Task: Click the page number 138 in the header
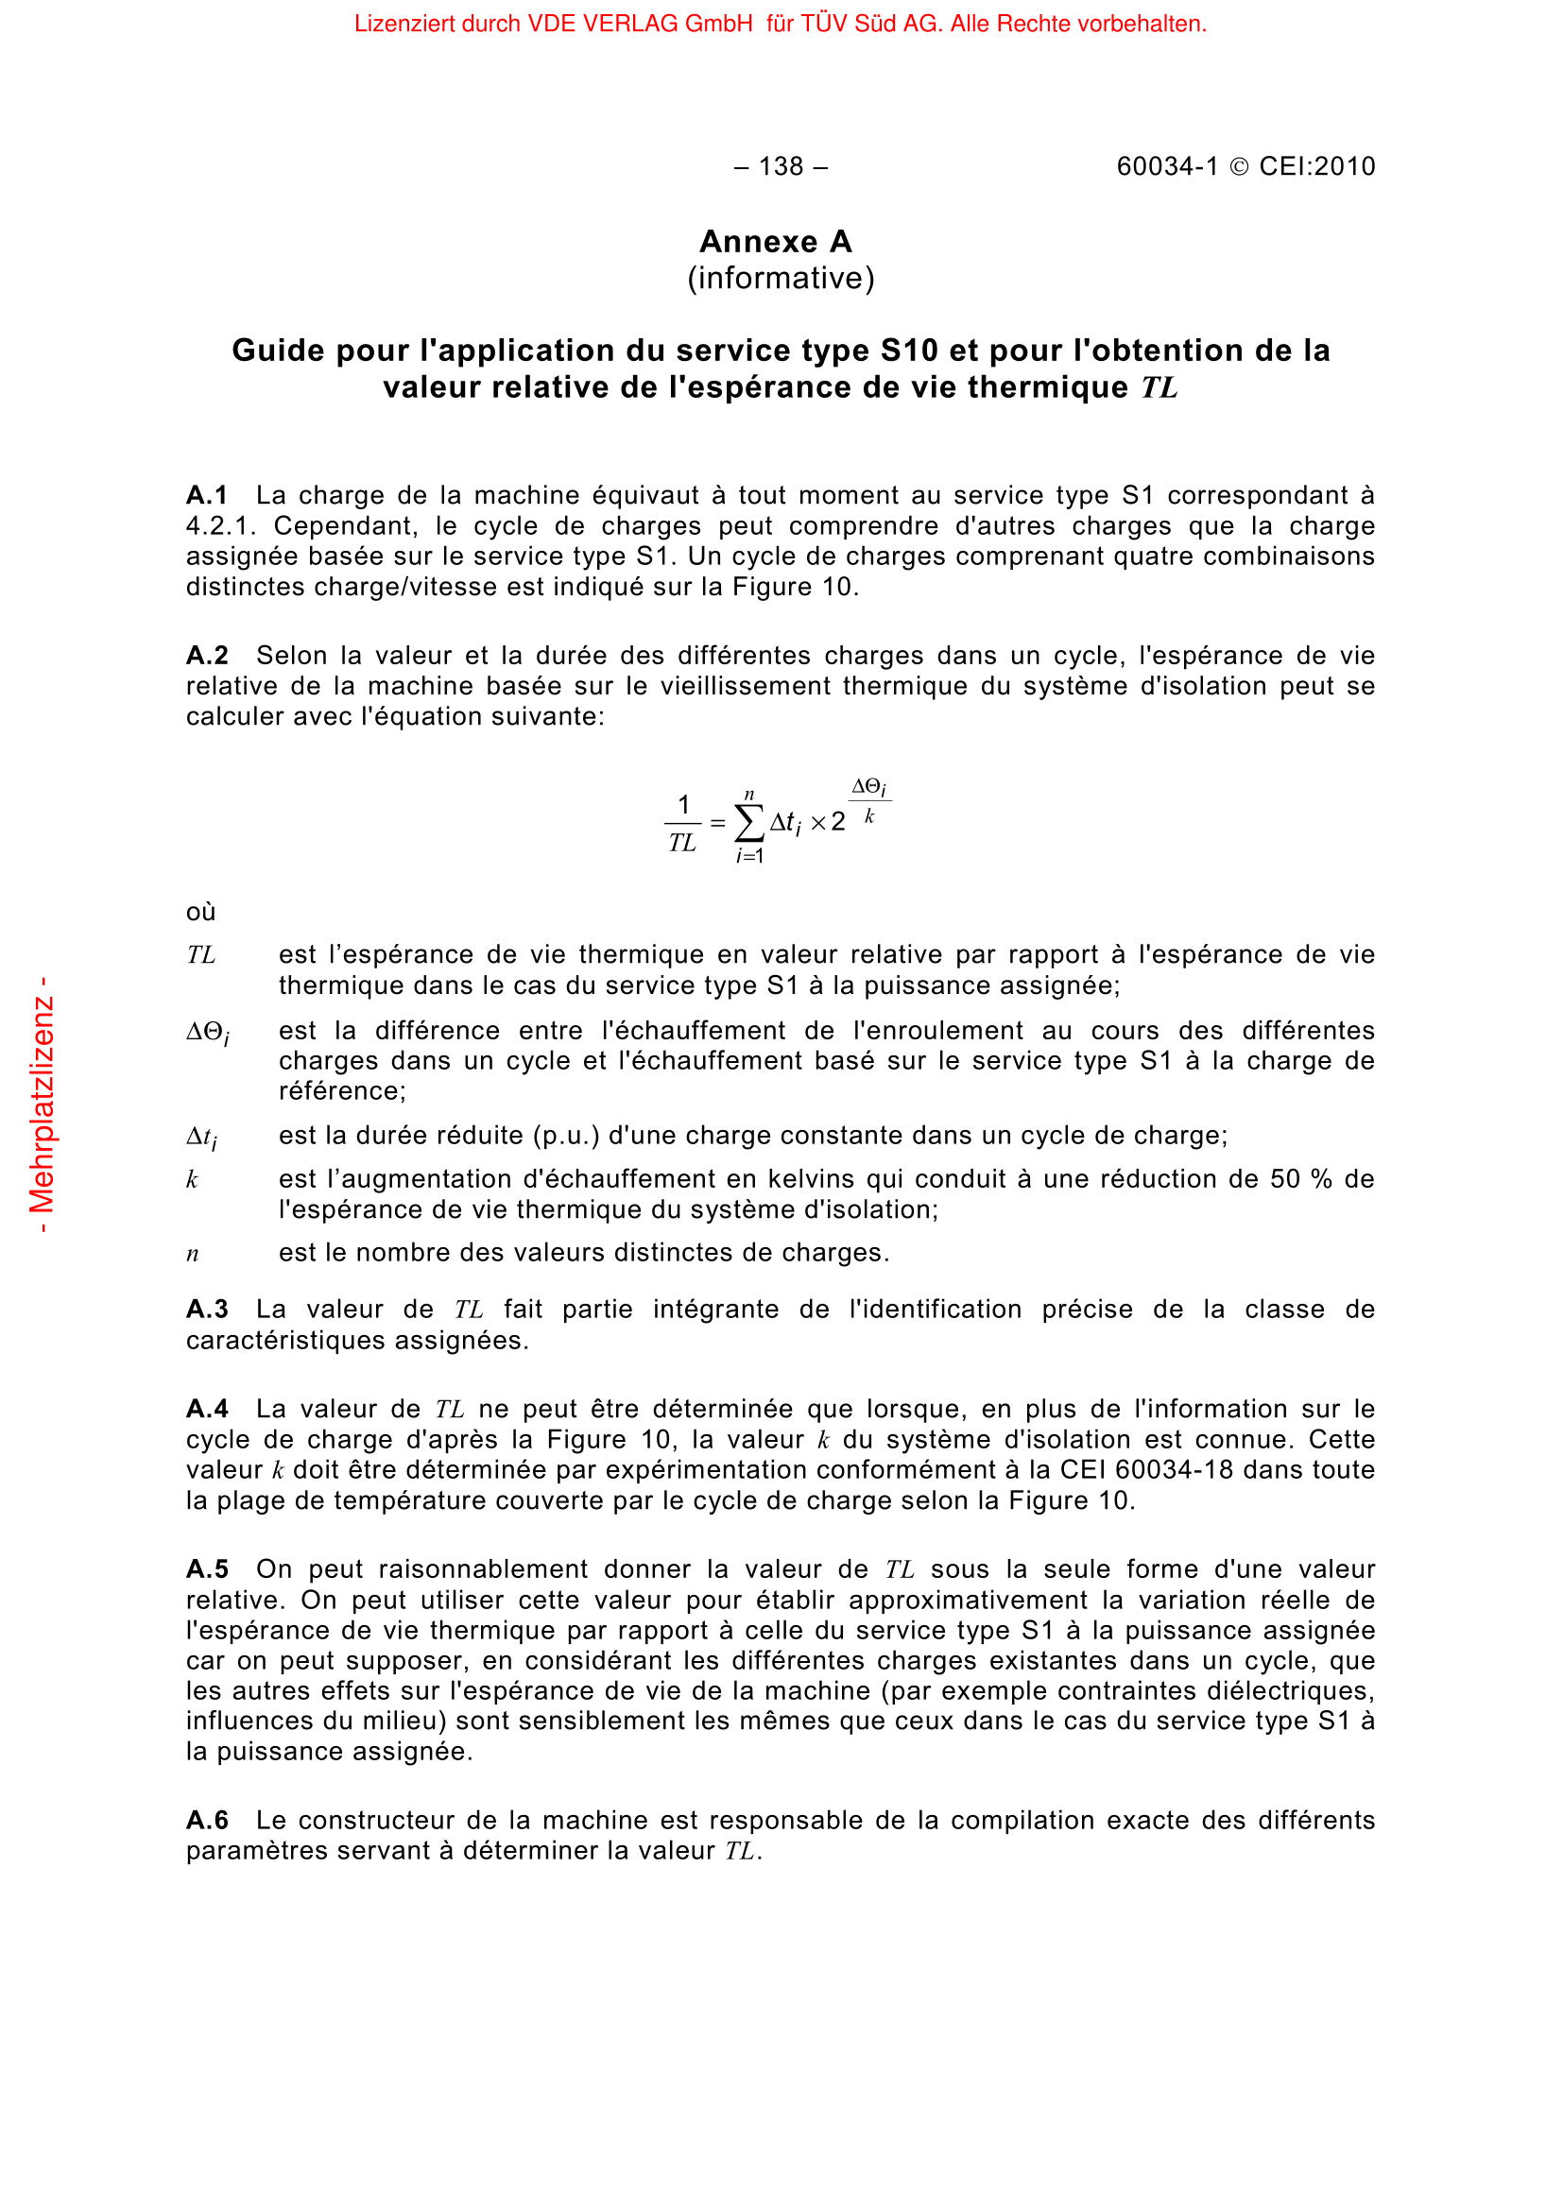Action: [780, 166]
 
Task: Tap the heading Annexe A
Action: [776, 241]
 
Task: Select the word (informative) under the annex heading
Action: [781, 278]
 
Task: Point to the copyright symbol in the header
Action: [1239, 166]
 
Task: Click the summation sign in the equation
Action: [748, 823]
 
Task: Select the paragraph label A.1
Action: [207, 495]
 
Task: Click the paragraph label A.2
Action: [207, 656]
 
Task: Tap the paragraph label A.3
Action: [207, 1309]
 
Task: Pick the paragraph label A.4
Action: [207, 1409]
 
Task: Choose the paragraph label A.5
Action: [207, 1569]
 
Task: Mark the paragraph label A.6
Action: [207, 1820]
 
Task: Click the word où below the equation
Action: [200, 912]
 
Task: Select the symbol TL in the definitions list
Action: [201, 955]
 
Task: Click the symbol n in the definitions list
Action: [193, 1253]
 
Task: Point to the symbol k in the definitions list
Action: [192, 1179]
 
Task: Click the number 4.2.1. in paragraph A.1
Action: [220, 525]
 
